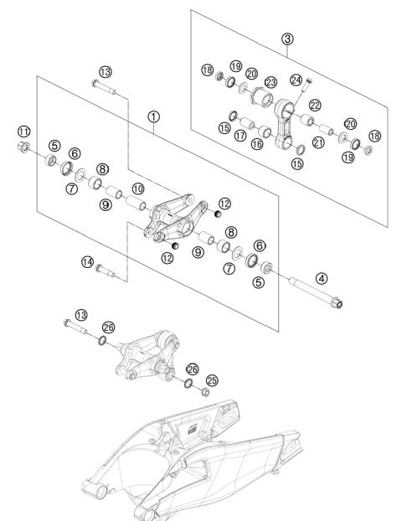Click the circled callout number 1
click(153, 116)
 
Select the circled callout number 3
click(287, 39)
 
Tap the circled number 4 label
click(322, 278)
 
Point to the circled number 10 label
click(138, 188)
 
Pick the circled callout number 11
click(23, 132)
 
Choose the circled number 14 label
click(87, 262)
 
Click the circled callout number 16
click(257, 143)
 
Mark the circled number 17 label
click(240, 135)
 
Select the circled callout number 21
click(318, 142)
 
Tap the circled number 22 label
click(315, 106)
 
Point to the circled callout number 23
click(271, 82)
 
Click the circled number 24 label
click(296, 80)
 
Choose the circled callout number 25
click(212, 380)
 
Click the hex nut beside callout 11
click(23, 147)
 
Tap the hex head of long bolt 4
click(337, 302)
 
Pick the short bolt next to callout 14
click(105, 271)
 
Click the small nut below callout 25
click(205, 392)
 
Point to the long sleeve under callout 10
click(136, 203)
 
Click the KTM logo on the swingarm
click(193, 431)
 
